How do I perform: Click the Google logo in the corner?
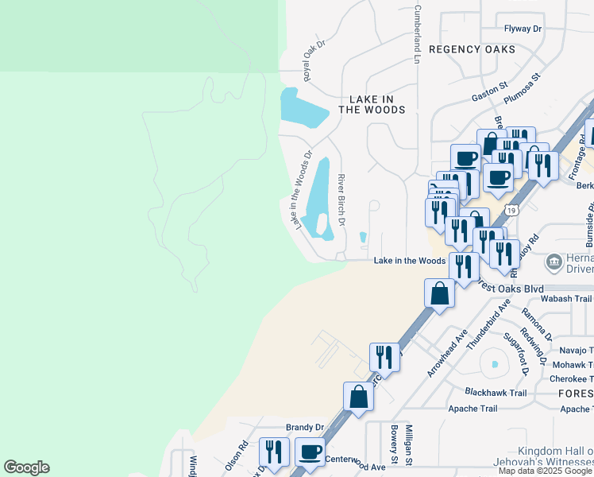pos(26,467)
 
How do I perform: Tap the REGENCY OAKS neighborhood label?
pos(472,49)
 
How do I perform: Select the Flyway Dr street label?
pos(523,29)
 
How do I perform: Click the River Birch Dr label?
pos(341,200)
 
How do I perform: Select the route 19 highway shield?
pos(513,211)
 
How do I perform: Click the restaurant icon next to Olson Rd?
pos(273,452)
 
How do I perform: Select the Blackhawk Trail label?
pos(496,393)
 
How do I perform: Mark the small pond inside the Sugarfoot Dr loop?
pos(494,365)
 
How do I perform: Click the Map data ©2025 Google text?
pos(545,471)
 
